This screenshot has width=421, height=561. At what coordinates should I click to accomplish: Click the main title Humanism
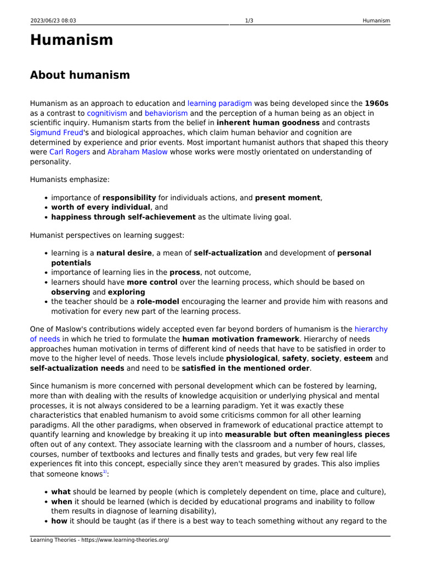coord(71,40)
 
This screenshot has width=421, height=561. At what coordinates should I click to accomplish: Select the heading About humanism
coord(80,75)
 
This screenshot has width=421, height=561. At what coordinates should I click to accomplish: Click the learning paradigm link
coord(219,103)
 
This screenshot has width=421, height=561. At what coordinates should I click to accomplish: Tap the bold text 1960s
coord(377,103)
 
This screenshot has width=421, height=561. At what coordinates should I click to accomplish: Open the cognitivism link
coord(107,113)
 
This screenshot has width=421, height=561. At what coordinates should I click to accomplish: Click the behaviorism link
coord(166,113)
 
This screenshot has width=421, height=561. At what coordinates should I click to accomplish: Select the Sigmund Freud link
coord(55,133)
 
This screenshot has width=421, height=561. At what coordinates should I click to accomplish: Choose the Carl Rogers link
coord(70,152)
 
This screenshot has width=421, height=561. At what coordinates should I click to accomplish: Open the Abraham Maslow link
coord(138,152)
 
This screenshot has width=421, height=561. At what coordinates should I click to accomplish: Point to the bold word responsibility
coord(129,197)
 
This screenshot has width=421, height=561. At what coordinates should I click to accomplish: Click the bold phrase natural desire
coord(124,253)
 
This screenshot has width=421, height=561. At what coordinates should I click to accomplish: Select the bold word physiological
coord(252,358)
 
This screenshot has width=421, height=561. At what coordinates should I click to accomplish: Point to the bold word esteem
coord(358,358)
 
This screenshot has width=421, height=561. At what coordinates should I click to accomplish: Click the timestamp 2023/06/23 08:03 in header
coord(53,21)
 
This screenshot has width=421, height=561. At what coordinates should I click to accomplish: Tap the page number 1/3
coord(249,21)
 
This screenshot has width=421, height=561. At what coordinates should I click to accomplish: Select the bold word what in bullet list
coord(61,491)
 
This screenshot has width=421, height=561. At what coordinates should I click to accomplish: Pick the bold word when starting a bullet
coord(61,501)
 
